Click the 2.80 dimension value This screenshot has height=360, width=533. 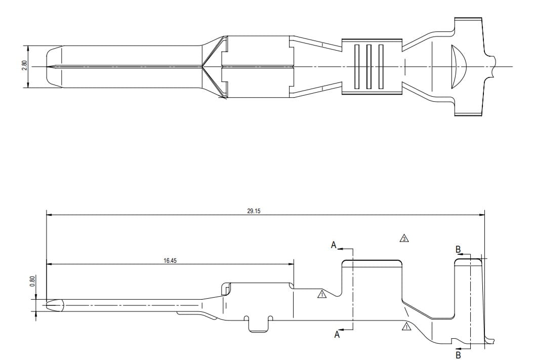tap(24, 66)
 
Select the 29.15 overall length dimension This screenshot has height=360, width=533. tap(254, 211)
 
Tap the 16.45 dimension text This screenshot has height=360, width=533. tap(170, 260)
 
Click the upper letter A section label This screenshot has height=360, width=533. tap(334, 245)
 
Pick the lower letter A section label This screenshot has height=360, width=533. tap(337, 334)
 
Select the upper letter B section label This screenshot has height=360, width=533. tap(458, 250)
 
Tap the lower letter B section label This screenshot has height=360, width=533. tap(458, 355)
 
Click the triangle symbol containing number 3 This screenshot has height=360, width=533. tap(403, 238)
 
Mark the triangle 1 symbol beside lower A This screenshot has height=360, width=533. tap(406, 327)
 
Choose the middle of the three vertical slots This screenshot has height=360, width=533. tap(368, 66)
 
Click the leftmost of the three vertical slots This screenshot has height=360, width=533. tap(356, 66)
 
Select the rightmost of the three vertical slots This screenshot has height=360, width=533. tap(381, 66)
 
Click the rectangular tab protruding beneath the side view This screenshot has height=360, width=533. tap(259, 325)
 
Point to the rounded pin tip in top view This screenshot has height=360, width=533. tap(53, 66)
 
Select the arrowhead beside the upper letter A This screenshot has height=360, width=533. tap(341, 249)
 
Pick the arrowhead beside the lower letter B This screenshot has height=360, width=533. tap(458, 349)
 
